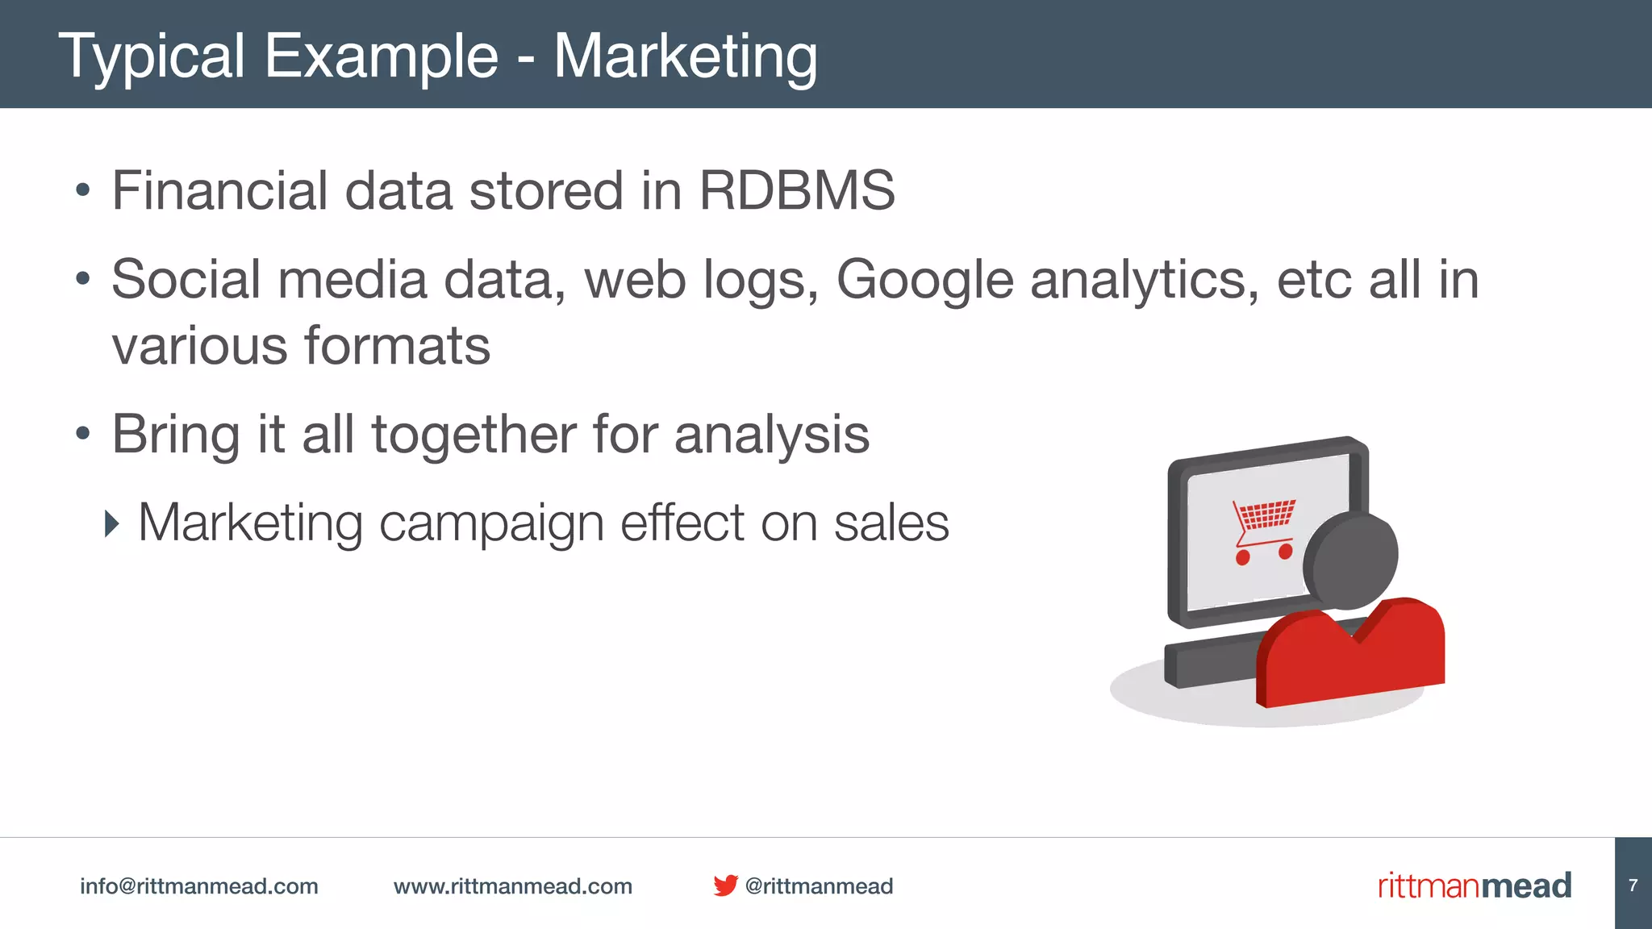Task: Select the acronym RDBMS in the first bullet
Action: (x=796, y=191)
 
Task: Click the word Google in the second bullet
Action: (x=924, y=280)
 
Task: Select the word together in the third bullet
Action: (x=473, y=435)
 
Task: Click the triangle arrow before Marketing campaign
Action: (x=112, y=524)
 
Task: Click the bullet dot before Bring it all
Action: (x=82, y=434)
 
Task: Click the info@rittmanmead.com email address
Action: (x=198, y=886)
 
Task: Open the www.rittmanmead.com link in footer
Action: (x=512, y=886)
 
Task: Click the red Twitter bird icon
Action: (x=725, y=885)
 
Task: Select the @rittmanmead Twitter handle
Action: (x=819, y=886)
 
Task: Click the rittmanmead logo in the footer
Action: (x=1474, y=885)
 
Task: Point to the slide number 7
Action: (x=1633, y=885)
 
